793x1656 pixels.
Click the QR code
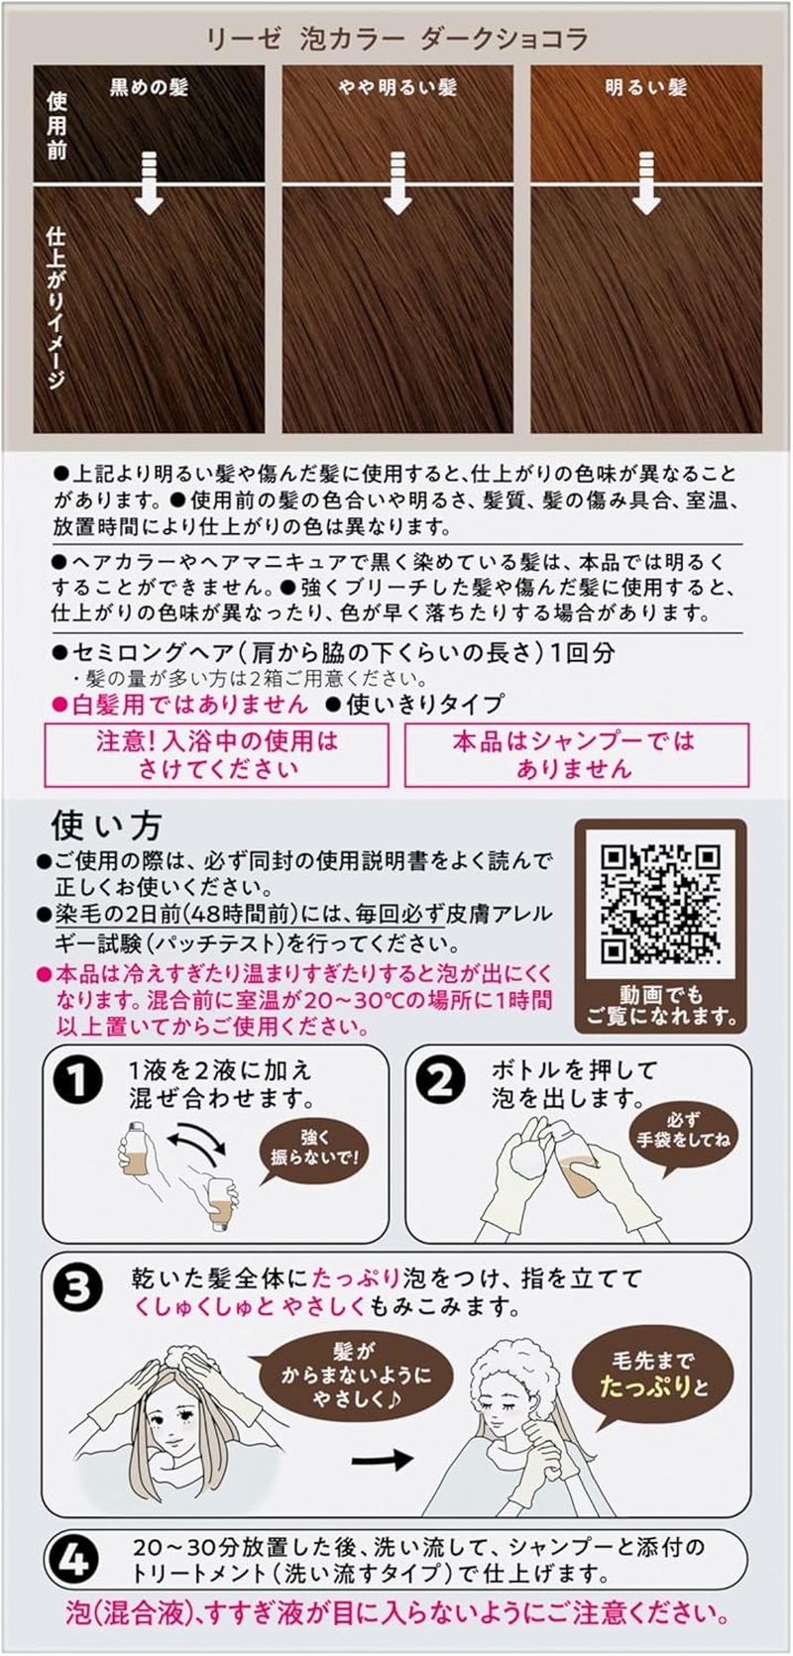point(660,905)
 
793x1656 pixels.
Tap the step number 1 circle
point(77,1081)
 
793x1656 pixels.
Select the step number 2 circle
point(441,1081)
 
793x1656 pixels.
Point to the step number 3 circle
point(77,1288)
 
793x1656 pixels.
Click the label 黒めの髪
point(150,87)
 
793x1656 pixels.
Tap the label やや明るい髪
point(397,87)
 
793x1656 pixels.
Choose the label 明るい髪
point(646,87)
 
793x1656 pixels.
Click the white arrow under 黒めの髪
point(150,182)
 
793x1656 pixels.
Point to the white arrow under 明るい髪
point(646,182)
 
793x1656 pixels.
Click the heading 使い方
point(106,826)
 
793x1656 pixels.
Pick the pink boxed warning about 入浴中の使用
point(216,754)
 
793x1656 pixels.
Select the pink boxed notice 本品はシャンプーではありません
point(576,754)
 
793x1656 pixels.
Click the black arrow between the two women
point(383,1459)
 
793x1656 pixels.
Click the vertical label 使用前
point(57,126)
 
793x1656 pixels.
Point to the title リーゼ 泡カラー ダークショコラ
point(396,38)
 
